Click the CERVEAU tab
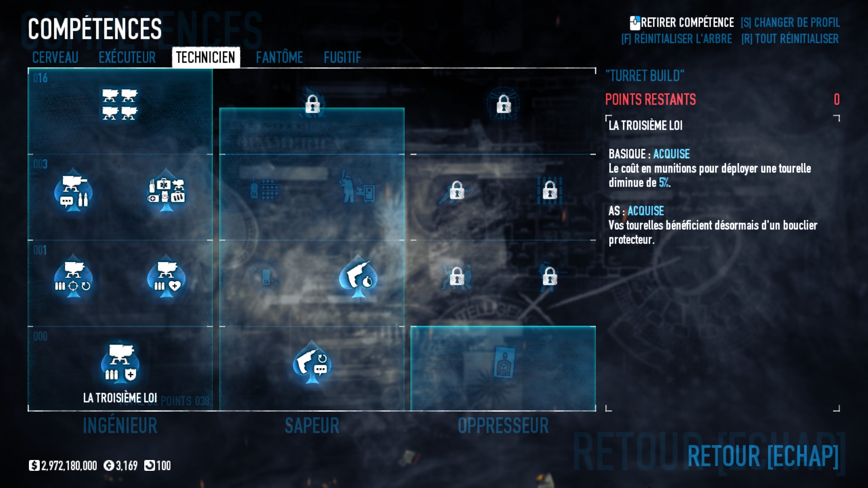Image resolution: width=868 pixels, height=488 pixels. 55,57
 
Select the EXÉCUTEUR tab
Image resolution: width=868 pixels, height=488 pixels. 127,57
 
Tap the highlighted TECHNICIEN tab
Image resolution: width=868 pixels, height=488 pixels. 206,57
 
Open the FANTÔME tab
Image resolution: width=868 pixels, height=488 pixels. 279,57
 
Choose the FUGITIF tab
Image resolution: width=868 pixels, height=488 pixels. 342,57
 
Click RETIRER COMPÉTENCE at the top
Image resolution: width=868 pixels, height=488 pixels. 682,23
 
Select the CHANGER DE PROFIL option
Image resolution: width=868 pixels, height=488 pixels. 790,23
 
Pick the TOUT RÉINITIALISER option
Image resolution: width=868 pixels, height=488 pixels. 790,39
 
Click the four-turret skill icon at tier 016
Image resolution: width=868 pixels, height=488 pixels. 120,104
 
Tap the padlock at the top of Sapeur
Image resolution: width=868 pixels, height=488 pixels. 312,104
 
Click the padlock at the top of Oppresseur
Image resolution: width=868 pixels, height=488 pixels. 504,104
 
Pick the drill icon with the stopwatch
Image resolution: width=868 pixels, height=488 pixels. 359,276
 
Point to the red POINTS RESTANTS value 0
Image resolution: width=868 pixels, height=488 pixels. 836,99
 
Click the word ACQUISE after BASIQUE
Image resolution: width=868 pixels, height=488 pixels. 671,154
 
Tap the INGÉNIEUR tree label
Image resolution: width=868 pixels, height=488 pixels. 120,426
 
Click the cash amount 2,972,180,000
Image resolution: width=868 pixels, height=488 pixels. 69,466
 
